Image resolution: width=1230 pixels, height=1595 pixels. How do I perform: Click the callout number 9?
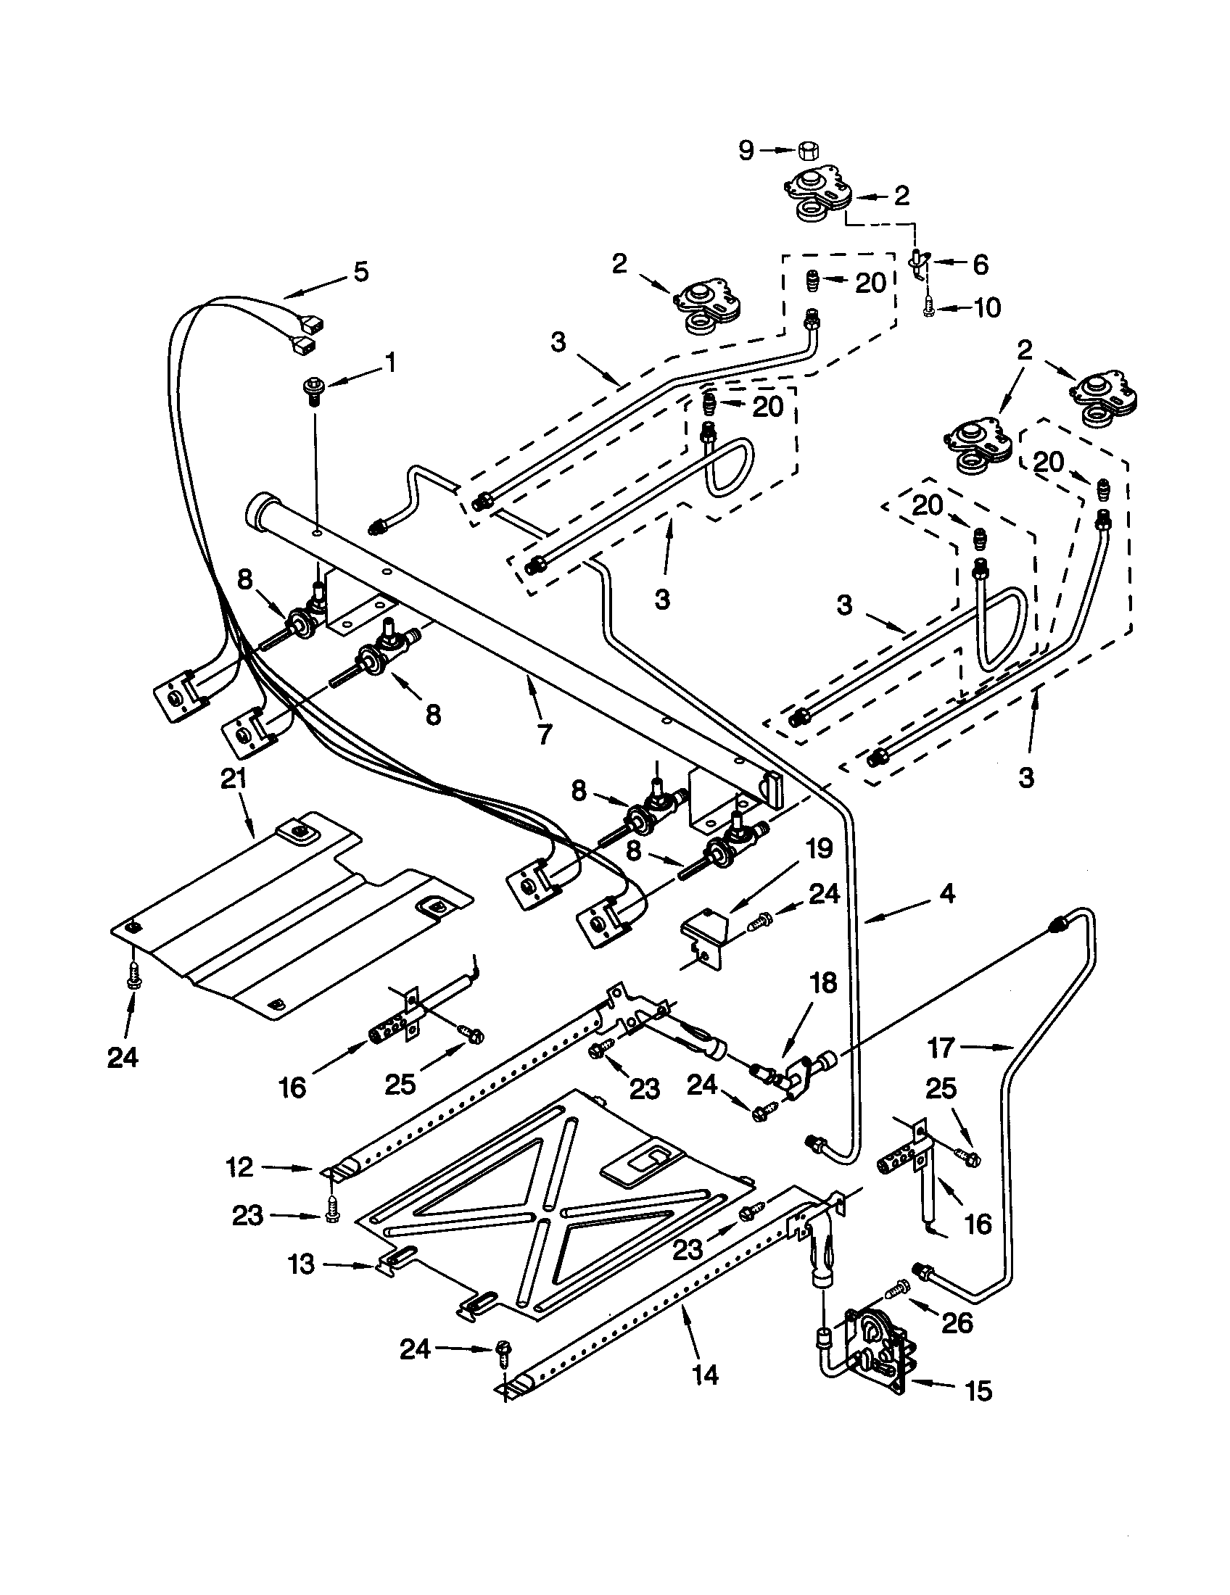pos(745,151)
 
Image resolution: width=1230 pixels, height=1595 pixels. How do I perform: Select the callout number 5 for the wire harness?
pos(360,272)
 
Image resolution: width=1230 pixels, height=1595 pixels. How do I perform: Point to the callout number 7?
pos(544,733)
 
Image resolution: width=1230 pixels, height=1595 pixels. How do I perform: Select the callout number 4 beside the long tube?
pos(946,893)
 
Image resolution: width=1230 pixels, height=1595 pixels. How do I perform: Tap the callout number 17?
pos(941,1048)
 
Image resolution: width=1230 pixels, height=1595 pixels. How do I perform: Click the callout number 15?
pos(978,1391)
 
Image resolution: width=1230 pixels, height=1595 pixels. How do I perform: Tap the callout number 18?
pos(823,983)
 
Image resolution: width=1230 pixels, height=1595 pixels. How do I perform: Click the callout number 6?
pos(980,265)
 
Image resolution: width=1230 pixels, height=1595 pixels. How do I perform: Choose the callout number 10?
pos(987,307)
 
